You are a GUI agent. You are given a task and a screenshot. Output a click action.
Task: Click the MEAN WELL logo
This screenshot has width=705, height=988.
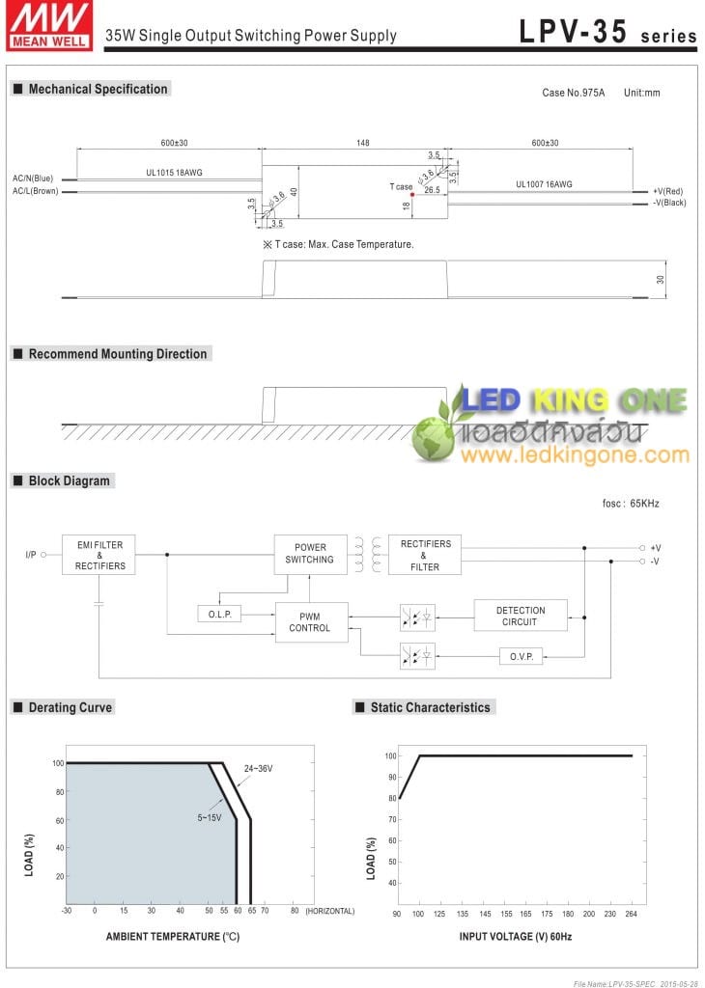click(49, 25)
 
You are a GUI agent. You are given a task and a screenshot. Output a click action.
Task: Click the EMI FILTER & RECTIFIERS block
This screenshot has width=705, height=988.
click(99, 555)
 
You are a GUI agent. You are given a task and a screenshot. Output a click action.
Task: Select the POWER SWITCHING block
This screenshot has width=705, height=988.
click(310, 555)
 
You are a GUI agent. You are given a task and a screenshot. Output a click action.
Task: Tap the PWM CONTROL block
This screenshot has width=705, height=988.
click(312, 622)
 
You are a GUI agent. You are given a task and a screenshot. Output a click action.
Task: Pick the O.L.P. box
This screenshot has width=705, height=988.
click(219, 614)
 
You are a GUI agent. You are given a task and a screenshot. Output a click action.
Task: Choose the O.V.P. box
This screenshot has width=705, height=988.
click(521, 656)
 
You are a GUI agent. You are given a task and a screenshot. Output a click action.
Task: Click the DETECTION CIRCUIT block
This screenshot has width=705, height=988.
click(521, 616)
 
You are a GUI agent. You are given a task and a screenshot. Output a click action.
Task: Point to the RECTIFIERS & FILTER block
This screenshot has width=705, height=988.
click(424, 555)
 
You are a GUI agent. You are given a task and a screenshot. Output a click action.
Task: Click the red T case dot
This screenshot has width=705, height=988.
click(412, 195)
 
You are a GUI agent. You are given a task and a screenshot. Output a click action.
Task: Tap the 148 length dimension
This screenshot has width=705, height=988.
click(362, 143)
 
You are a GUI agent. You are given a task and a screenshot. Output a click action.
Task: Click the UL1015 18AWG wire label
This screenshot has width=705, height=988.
click(174, 173)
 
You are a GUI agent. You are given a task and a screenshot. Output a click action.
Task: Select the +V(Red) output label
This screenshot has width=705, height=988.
click(667, 191)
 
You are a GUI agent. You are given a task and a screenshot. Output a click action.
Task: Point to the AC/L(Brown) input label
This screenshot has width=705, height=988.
click(36, 191)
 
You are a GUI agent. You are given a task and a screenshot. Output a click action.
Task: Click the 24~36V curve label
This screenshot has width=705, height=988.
click(259, 769)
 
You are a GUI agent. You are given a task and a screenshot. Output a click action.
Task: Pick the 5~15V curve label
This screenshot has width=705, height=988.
click(210, 818)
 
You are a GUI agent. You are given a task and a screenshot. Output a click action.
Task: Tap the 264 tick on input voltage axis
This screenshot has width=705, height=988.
click(632, 914)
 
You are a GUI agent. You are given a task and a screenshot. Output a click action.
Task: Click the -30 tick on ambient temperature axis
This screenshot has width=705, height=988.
click(67, 911)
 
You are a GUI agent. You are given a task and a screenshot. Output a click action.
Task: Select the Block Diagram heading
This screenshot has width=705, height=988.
click(69, 480)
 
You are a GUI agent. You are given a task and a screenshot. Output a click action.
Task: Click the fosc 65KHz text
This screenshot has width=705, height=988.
click(631, 504)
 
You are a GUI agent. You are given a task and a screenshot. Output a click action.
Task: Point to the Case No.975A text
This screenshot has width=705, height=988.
click(574, 93)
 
